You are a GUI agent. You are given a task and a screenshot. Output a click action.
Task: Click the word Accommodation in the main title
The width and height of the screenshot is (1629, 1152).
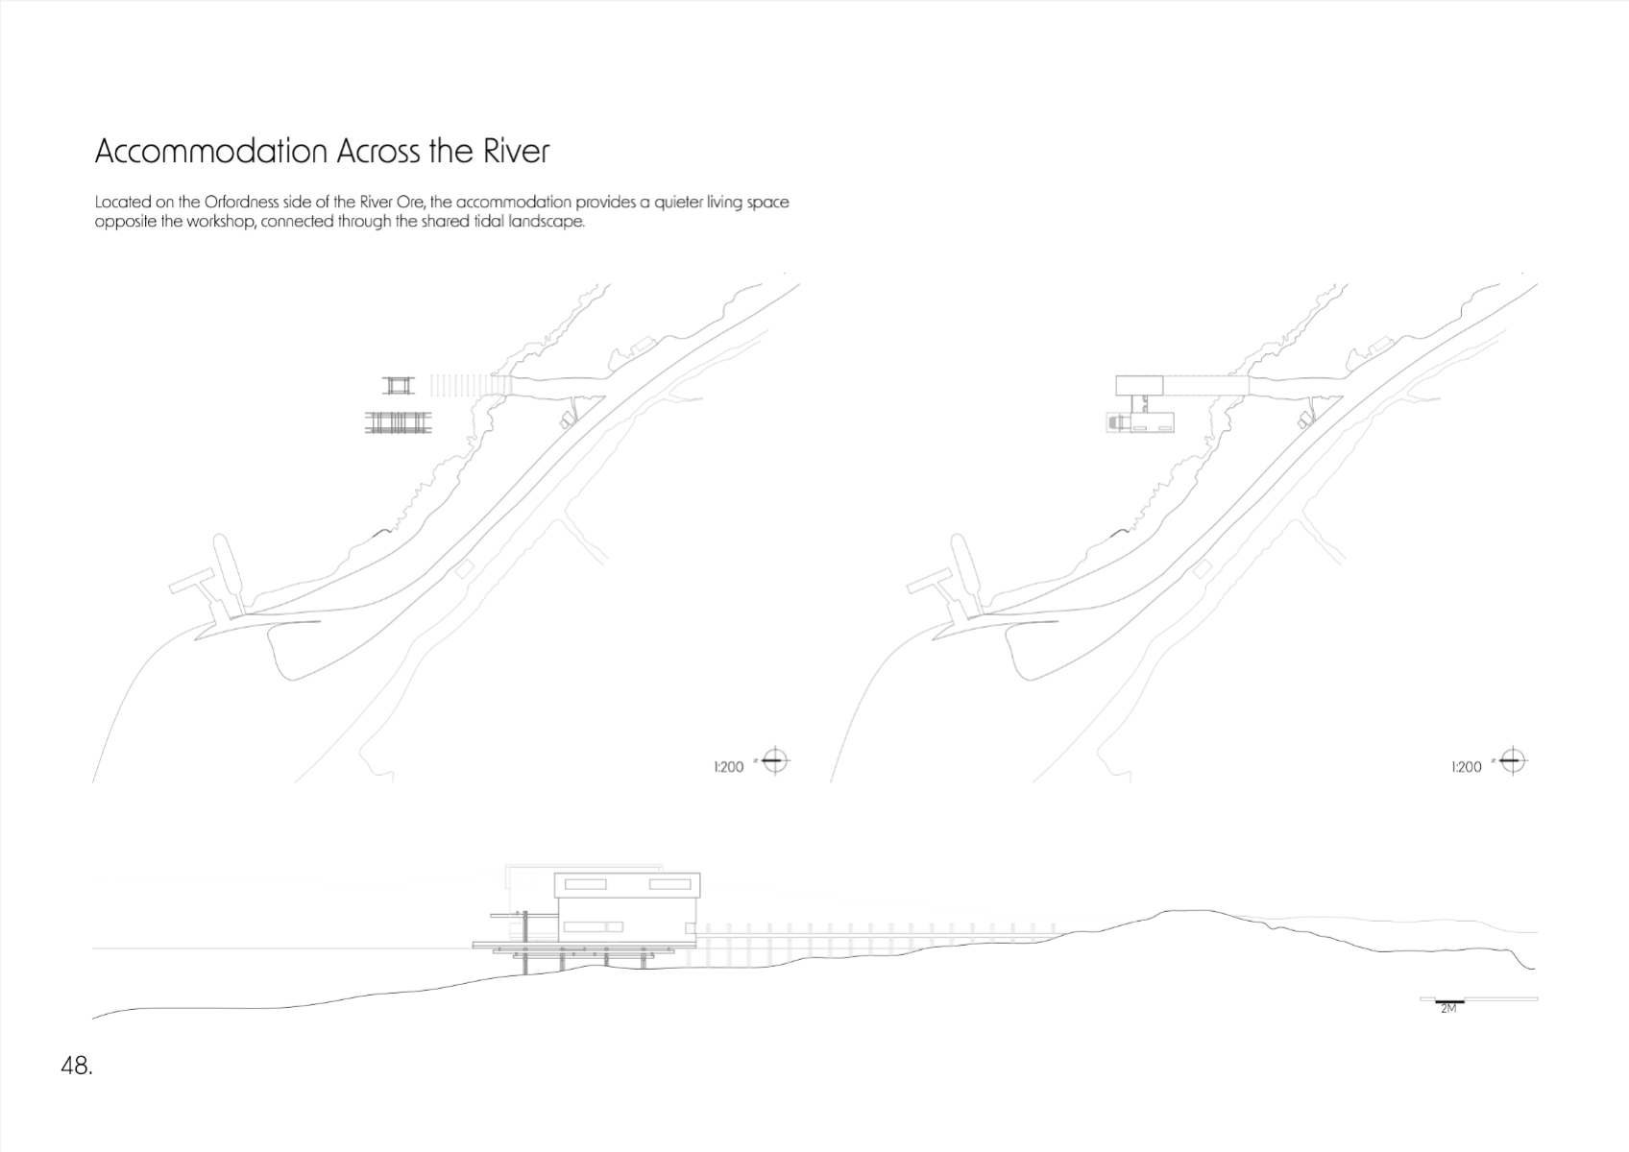[x=211, y=151]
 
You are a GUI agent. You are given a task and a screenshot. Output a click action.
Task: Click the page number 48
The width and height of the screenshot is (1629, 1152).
[x=77, y=1067]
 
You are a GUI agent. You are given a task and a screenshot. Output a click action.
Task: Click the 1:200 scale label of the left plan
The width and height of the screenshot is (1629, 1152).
[x=729, y=767]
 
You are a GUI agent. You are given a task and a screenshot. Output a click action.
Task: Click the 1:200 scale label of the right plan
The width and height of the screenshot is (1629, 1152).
[x=1466, y=767]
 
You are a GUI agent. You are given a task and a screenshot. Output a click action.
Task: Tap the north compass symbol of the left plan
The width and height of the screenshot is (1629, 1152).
[x=774, y=761]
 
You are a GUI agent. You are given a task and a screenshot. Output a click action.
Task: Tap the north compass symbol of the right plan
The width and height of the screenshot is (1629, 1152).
[x=1513, y=761]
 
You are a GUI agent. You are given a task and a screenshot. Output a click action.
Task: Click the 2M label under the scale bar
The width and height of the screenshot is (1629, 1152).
[x=1448, y=1009]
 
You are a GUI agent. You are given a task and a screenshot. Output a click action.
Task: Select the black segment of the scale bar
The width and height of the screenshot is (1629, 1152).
[x=1449, y=1001]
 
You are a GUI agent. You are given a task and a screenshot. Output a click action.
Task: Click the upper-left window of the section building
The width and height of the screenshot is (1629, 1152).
[x=586, y=884]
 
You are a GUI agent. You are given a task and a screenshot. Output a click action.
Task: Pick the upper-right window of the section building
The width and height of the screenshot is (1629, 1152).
[x=669, y=884]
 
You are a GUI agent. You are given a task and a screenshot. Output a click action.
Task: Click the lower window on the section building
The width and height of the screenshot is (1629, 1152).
[x=594, y=926]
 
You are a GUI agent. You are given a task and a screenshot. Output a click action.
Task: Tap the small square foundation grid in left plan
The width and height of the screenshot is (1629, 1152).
[x=398, y=385]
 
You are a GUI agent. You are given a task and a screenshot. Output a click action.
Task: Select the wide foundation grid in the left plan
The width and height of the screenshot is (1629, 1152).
[x=398, y=423]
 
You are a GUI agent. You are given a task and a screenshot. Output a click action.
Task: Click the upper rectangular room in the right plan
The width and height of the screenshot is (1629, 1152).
[x=1139, y=385]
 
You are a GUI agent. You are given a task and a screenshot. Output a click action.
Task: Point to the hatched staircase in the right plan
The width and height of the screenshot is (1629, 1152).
[x=1112, y=422]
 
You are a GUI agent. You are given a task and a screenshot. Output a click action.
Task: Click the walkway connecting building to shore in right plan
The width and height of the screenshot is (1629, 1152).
[x=1205, y=385]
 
